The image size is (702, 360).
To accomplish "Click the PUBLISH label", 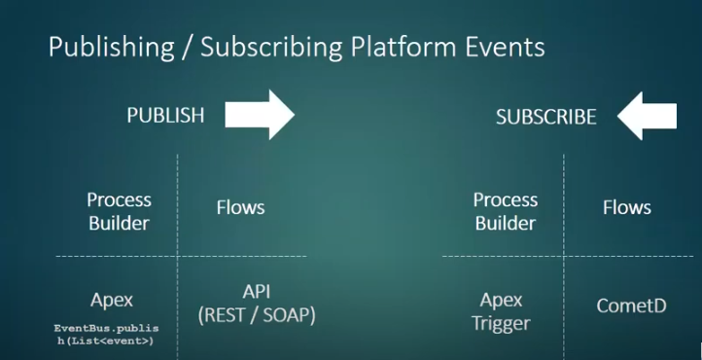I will pyautogui.click(x=165, y=116).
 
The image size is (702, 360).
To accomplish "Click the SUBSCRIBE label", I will pyautogui.click(x=545, y=117).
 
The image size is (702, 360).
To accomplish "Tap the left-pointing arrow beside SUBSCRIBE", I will pyautogui.click(x=648, y=117).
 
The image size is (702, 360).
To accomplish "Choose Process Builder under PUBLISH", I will pyautogui.click(x=119, y=210).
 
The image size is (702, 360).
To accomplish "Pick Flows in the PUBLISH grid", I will pyautogui.click(x=240, y=207).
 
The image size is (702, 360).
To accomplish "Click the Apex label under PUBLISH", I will pyautogui.click(x=112, y=301).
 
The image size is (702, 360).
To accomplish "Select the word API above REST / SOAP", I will pyautogui.click(x=257, y=292).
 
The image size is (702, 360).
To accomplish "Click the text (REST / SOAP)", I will pyautogui.click(x=257, y=315).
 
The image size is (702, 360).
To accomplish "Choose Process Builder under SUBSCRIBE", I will pyautogui.click(x=505, y=210).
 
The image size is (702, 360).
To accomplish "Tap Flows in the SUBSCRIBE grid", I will pyautogui.click(x=627, y=207).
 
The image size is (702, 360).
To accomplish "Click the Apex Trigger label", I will pyautogui.click(x=502, y=311).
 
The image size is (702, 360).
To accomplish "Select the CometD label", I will pyautogui.click(x=631, y=306).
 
